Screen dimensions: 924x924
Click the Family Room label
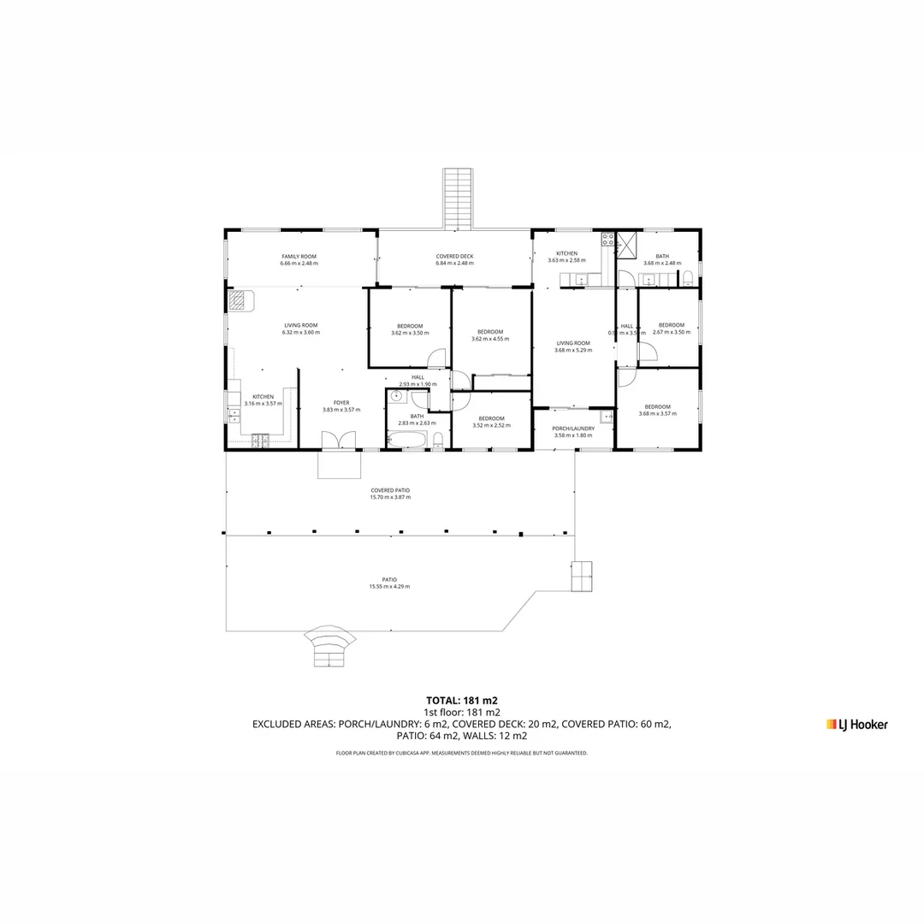299,257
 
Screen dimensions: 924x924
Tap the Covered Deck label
454,257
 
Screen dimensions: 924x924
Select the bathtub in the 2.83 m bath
406,440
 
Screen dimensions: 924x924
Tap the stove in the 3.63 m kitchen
607,240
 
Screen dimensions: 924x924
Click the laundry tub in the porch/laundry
606,417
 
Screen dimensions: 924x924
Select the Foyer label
341,402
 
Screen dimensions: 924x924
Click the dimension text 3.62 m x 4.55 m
490,339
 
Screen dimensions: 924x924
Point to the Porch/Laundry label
573,428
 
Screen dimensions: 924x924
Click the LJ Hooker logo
856,725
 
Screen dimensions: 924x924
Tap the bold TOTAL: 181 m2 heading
462,700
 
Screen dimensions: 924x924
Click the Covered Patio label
390,490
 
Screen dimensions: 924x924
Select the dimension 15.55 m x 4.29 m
389,587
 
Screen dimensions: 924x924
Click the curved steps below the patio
330,647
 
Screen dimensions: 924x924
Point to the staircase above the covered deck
458,198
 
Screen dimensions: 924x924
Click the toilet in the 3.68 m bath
687,276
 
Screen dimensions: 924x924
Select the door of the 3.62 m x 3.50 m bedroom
437,358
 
